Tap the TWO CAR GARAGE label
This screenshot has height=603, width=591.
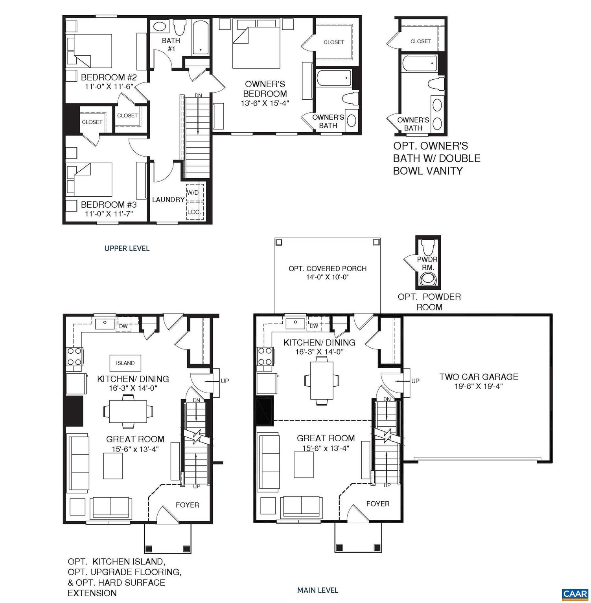point(479,377)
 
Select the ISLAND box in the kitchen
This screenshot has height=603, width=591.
point(125,363)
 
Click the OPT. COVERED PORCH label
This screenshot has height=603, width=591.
point(328,269)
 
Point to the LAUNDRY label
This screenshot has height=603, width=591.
point(168,199)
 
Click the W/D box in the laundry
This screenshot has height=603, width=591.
point(193,193)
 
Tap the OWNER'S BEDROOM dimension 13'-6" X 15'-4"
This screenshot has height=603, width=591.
point(265,103)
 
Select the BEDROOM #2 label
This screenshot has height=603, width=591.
point(109,77)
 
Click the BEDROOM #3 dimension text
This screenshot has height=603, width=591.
point(109,214)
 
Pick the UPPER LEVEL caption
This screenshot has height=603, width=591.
point(127,248)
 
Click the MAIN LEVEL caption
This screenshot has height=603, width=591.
point(317,590)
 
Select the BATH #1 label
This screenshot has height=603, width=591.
point(171,44)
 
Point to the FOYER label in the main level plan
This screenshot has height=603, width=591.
point(377,504)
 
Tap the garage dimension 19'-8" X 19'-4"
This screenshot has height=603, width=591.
point(479,386)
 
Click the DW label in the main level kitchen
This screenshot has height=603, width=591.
point(314,326)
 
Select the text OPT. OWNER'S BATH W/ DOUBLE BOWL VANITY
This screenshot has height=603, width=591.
point(436,158)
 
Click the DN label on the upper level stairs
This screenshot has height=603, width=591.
point(198,96)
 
